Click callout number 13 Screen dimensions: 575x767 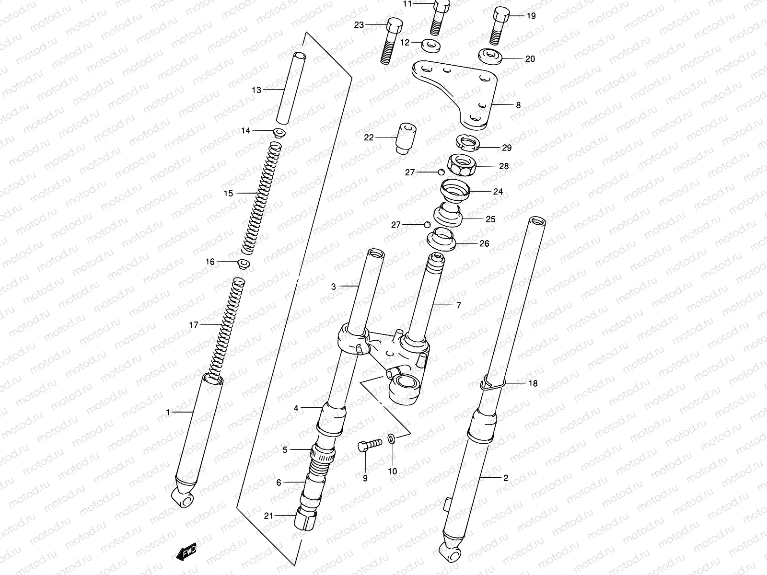click(x=256, y=90)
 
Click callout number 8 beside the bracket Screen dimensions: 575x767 click(x=518, y=105)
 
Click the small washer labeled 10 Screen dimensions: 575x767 click(x=391, y=438)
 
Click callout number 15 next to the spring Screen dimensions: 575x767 click(x=228, y=194)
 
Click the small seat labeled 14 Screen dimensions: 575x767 click(x=279, y=132)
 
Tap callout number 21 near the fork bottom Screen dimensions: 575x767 click(x=268, y=516)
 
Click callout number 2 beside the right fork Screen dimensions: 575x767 click(x=505, y=478)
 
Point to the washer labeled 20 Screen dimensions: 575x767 click(x=489, y=56)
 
